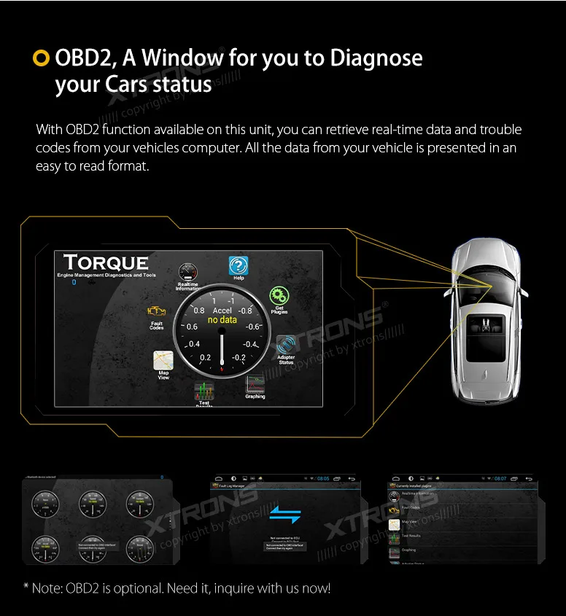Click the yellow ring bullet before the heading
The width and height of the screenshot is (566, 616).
[x=42, y=58]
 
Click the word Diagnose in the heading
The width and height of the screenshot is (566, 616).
[x=376, y=58]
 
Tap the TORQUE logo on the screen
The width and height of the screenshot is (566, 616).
[x=106, y=263]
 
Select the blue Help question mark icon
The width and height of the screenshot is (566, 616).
[x=238, y=265]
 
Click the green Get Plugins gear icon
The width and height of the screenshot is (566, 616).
[x=279, y=295]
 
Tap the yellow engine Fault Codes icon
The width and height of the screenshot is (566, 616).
[x=157, y=311]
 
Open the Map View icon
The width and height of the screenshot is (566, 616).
[x=163, y=360]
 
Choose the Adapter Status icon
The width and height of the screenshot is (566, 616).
[x=285, y=344]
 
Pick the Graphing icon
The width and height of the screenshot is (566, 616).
[x=255, y=383]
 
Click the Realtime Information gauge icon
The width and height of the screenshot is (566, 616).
[x=187, y=273]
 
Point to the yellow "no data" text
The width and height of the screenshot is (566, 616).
[x=222, y=320]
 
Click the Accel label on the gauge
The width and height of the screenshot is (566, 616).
[x=222, y=311]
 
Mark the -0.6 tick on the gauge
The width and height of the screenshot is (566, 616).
[x=252, y=326]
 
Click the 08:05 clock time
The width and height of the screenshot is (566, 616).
[x=323, y=479]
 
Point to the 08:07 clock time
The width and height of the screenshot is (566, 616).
[x=500, y=479]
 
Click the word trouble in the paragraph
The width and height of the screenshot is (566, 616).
[x=500, y=130]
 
